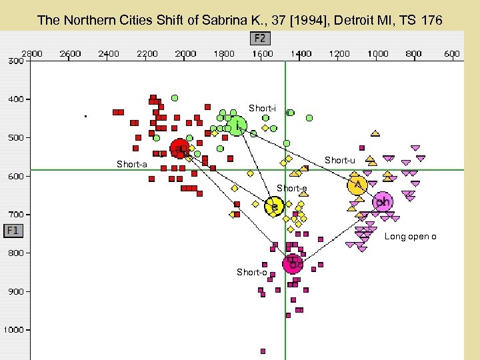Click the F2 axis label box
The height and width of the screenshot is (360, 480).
click(x=260, y=38)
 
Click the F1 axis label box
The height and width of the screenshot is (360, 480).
click(x=14, y=231)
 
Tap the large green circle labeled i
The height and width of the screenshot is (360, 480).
click(x=237, y=125)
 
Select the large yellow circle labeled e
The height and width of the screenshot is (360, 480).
click(x=273, y=207)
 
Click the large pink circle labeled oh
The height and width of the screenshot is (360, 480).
click(x=383, y=202)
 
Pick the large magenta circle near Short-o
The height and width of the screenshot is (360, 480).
click(x=293, y=264)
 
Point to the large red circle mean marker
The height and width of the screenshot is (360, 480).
click(x=179, y=148)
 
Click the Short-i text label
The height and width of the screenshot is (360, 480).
click(x=262, y=108)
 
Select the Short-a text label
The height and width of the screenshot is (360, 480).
click(x=131, y=164)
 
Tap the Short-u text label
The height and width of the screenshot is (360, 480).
click(x=339, y=160)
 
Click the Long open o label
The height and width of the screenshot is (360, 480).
click(x=411, y=237)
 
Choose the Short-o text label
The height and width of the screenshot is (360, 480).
click(x=251, y=272)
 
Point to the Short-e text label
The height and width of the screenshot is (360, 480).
click(x=291, y=189)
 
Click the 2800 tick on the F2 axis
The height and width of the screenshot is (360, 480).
click(x=33, y=53)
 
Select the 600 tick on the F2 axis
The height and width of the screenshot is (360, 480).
click(x=452, y=53)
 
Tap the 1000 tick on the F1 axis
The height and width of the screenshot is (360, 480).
click(x=15, y=330)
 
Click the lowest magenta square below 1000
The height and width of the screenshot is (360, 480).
click(x=263, y=351)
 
